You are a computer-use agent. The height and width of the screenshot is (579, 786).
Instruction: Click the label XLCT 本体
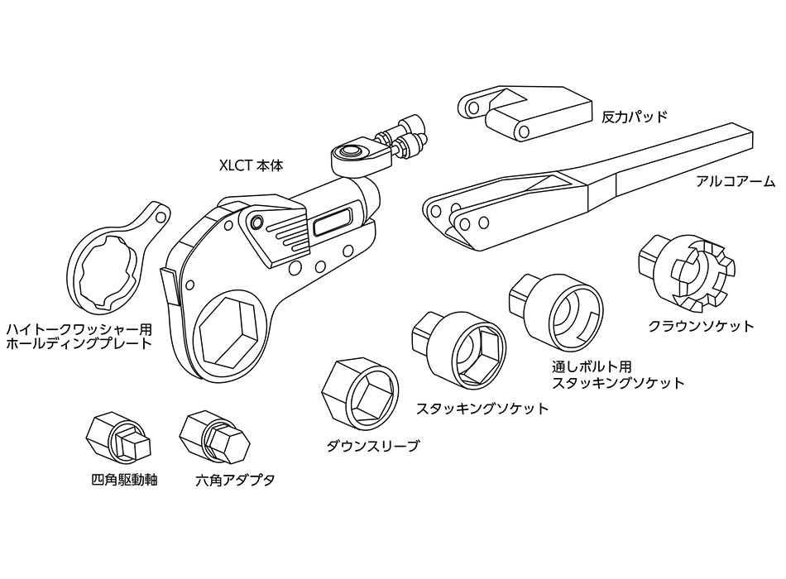(252, 165)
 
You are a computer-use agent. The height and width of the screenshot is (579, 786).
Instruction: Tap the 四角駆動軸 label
(122, 480)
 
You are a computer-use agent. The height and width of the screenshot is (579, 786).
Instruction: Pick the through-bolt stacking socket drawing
(559, 313)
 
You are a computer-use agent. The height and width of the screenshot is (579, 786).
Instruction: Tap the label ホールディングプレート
(79, 343)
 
